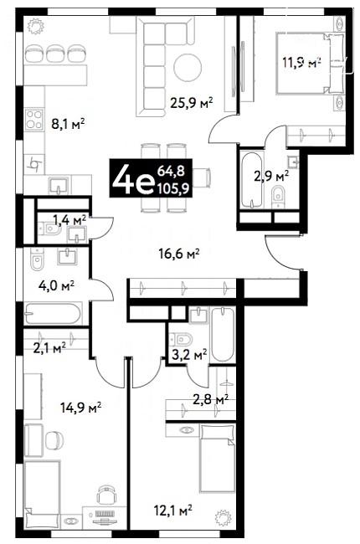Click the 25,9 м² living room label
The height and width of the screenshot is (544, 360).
191,103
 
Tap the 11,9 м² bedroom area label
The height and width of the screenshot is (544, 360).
301,63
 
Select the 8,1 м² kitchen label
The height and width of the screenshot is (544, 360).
68,124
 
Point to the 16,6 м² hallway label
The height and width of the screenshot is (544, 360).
179,254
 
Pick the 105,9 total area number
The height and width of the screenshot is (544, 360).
172,188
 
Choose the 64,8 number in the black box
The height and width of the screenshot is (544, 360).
171,171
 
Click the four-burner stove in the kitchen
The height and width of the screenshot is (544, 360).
34,119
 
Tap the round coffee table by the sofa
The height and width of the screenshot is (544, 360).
188,67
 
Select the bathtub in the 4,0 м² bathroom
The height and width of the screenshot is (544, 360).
53,314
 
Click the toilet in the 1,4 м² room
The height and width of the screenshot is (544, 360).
49,228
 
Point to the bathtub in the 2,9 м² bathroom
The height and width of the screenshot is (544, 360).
251,180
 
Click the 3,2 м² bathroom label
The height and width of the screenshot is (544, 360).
189,355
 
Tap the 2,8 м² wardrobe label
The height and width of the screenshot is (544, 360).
211,399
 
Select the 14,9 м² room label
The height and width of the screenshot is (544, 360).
81,407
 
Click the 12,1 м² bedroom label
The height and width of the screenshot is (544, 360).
173,511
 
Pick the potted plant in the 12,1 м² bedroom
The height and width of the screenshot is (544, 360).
223,517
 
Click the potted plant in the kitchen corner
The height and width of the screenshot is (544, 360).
35,27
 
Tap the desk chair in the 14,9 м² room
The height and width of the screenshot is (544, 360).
105,495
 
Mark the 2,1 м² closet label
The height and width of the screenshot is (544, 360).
49,347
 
